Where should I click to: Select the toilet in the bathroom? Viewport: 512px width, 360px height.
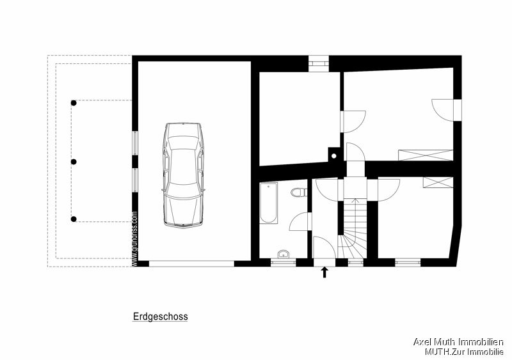coord(297,192)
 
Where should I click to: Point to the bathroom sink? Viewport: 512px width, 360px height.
coord(283,254)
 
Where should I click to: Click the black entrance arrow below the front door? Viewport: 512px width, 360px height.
coord(324,272)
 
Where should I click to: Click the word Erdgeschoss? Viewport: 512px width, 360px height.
coord(160,317)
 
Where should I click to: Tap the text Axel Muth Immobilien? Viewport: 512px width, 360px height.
coord(458,342)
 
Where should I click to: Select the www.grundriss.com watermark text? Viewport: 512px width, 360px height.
coord(134,239)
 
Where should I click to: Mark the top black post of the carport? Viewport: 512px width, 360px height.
coord(74,102)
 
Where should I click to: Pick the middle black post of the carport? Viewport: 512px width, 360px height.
coord(74,162)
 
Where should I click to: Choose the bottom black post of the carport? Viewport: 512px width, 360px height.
coord(74,219)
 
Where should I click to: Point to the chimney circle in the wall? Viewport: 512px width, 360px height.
coord(333,154)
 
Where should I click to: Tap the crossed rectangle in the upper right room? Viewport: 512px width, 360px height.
coord(424,155)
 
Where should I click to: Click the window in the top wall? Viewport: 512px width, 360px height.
coord(318,63)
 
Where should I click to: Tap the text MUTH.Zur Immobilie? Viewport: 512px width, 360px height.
coord(464,352)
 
